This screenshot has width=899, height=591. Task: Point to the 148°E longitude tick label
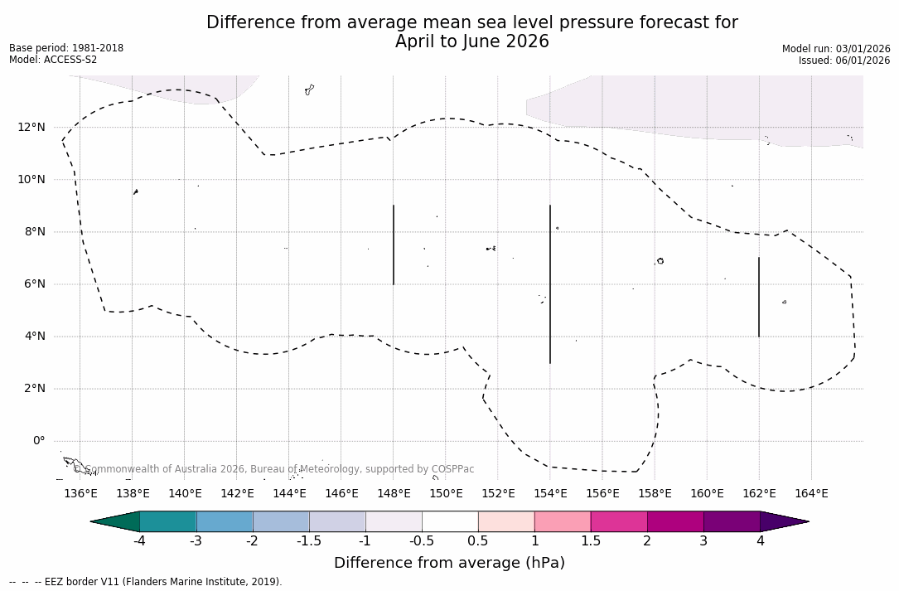click(394, 493)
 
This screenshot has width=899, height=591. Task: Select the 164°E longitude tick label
click(811, 493)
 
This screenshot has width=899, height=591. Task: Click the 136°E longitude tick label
click(80, 493)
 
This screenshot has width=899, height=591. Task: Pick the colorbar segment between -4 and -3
click(168, 521)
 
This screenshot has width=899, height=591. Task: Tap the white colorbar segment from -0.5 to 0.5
click(450, 521)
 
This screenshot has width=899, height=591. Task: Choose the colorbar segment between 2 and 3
click(675, 521)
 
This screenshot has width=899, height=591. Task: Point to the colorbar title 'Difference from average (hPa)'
click(449, 563)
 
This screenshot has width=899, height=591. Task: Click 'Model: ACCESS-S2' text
click(53, 60)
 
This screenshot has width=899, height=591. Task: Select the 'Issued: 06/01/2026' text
click(844, 61)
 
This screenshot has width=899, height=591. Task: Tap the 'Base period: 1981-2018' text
click(66, 48)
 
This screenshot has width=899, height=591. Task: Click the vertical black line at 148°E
click(394, 245)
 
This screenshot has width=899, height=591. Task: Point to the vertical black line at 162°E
click(759, 297)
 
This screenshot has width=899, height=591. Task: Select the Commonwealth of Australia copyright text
click(274, 469)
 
